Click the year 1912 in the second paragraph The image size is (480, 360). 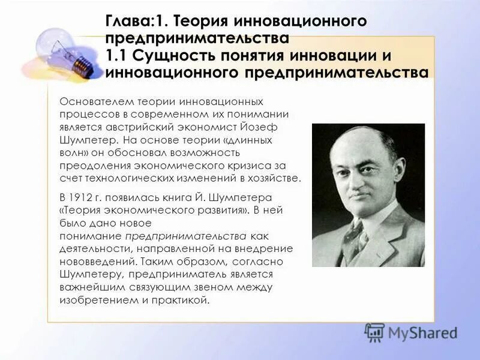[x=83, y=197]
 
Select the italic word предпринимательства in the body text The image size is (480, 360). [x=187, y=235]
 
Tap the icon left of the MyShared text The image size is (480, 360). [x=374, y=332]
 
